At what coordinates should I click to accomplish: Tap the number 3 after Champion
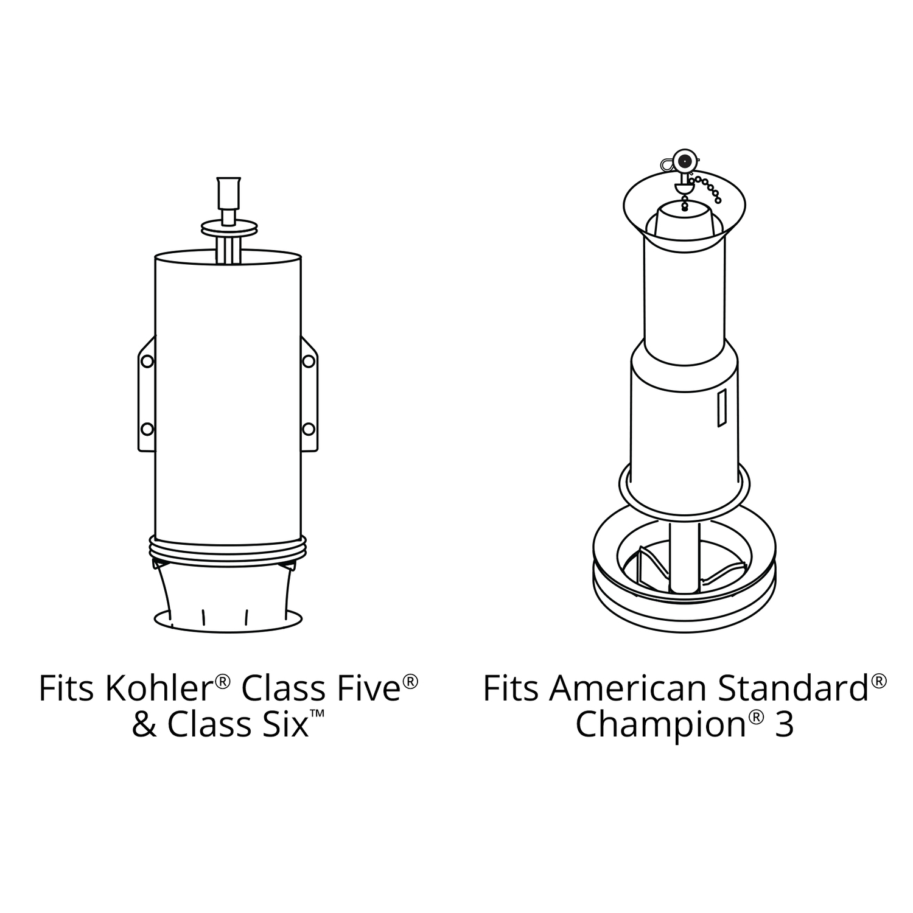click(x=785, y=724)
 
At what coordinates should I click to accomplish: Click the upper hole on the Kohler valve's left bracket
click(x=147, y=362)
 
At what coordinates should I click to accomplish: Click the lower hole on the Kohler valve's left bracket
click(x=147, y=429)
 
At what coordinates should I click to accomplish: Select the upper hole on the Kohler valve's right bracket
click(x=309, y=362)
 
